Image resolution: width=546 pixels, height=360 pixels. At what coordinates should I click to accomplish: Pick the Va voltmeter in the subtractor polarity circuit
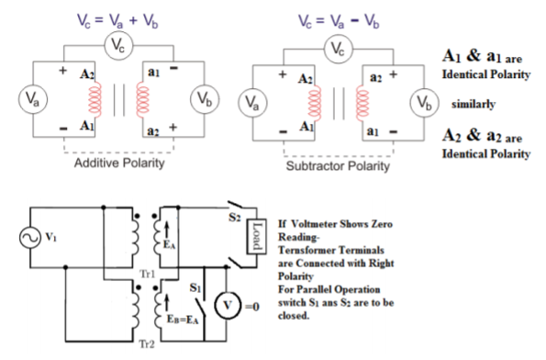coord(253,100)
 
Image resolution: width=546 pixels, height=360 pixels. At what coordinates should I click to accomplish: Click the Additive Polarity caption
coord(119,163)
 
